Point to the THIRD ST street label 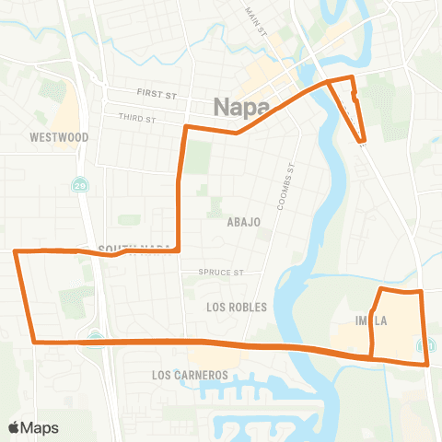[x=137, y=118]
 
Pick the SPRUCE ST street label [x=225, y=273]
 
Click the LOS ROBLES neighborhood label [x=237, y=307]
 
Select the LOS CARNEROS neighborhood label [x=190, y=376]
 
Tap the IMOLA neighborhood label [x=371, y=320]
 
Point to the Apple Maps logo [x=33, y=427]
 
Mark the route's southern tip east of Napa [x=363, y=142]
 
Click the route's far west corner [x=15, y=250]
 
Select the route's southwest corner [x=35, y=342]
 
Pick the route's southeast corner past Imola [x=426, y=364]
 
